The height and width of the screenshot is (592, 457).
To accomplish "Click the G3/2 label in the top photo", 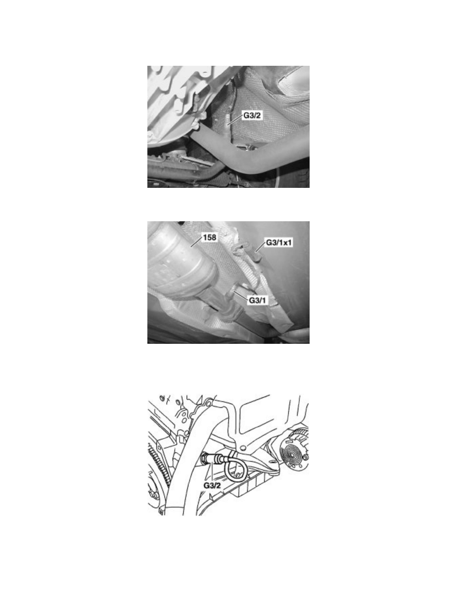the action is click(x=251, y=116).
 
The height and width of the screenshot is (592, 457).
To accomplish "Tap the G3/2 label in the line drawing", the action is click(x=212, y=485).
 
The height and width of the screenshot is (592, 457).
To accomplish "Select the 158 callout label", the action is click(x=210, y=238).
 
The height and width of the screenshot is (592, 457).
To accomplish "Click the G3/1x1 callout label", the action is click(x=279, y=242).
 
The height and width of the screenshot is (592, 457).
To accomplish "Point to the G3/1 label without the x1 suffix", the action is click(x=257, y=300).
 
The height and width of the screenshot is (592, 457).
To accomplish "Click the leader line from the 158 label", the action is click(x=197, y=242).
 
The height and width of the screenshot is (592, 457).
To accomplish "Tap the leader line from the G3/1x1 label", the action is click(x=260, y=247).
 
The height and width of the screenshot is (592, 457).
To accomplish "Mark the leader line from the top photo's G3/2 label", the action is click(x=235, y=119).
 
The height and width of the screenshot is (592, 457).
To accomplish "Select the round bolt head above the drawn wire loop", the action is click(x=243, y=448).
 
